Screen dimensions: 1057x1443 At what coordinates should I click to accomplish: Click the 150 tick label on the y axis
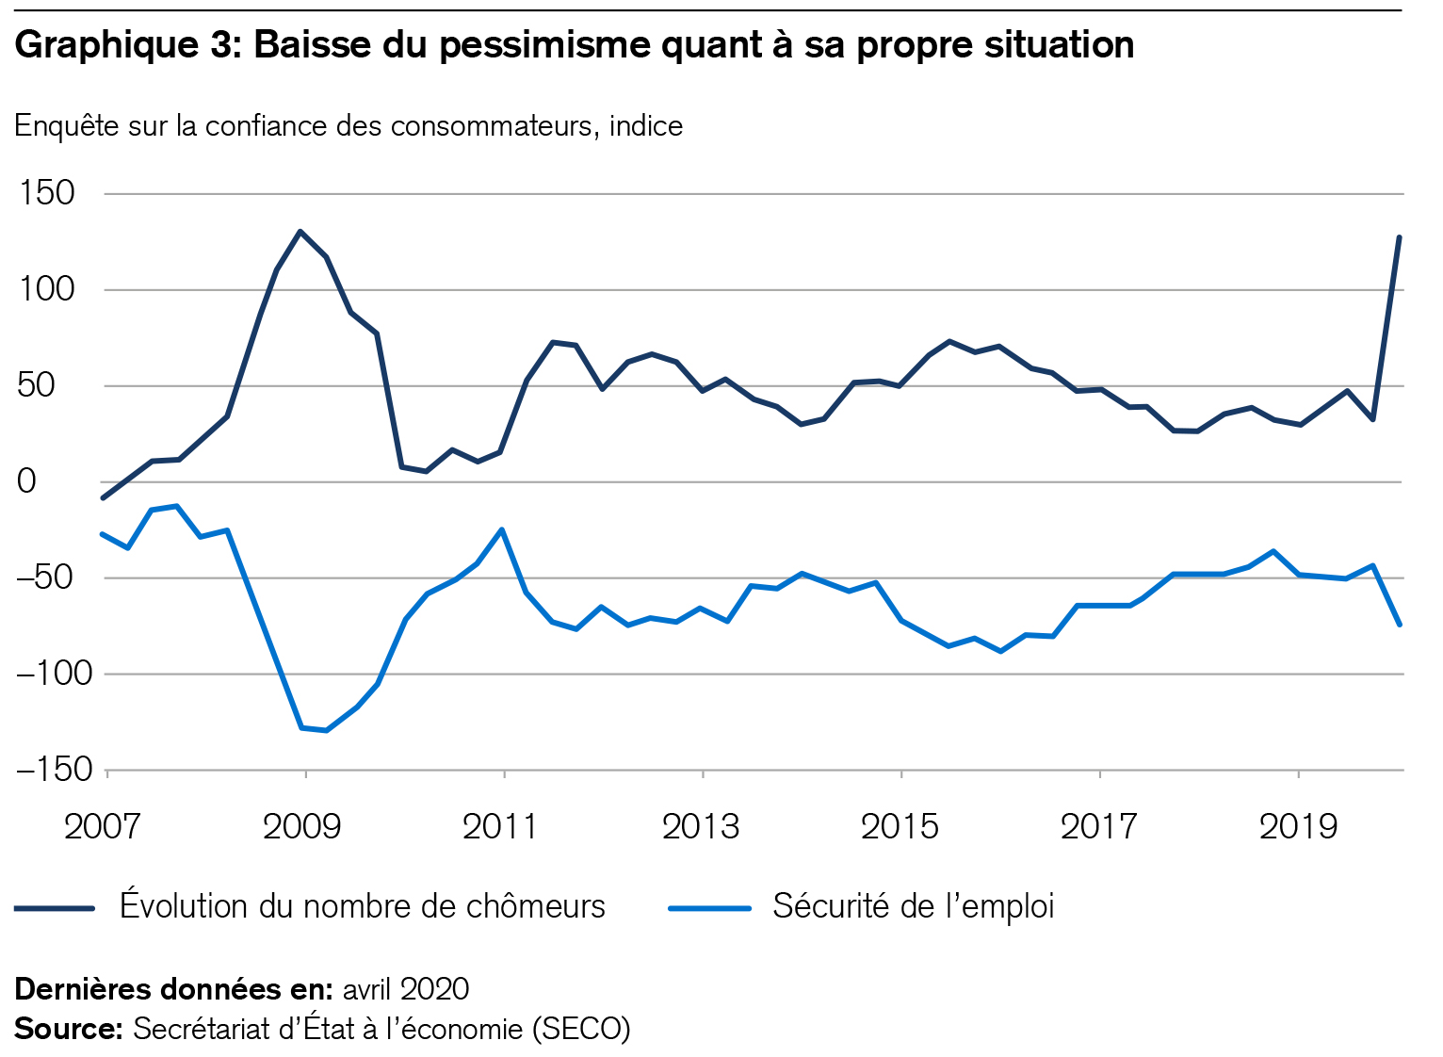(46, 193)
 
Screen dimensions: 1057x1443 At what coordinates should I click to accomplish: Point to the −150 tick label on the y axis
(55, 770)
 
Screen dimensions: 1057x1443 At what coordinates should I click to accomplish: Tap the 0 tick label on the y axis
(26, 481)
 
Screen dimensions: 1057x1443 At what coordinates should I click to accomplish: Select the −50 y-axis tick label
(55, 577)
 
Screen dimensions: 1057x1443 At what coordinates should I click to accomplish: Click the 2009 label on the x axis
(301, 826)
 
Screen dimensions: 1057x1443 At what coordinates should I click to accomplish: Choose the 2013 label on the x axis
(701, 826)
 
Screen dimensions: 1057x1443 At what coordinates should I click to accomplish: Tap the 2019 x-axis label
(1298, 826)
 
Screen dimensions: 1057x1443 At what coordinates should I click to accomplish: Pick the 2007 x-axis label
(102, 826)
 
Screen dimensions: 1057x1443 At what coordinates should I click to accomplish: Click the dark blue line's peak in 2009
(300, 231)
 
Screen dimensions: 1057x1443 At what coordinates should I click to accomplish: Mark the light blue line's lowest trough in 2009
(326, 730)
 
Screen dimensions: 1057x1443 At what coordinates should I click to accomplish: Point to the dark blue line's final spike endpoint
(1400, 237)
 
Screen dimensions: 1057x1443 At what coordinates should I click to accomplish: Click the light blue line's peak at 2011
(502, 529)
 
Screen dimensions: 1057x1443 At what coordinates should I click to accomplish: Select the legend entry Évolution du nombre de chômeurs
(363, 906)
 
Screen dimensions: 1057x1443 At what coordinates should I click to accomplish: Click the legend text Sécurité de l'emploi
(913, 906)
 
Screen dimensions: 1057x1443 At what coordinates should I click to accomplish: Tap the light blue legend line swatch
(709, 908)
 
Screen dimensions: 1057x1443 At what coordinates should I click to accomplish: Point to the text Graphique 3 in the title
(128, 44)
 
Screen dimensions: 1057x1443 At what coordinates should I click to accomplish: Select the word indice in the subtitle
(646, 125)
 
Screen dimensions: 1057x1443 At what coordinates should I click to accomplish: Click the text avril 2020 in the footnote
(406, 989)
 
